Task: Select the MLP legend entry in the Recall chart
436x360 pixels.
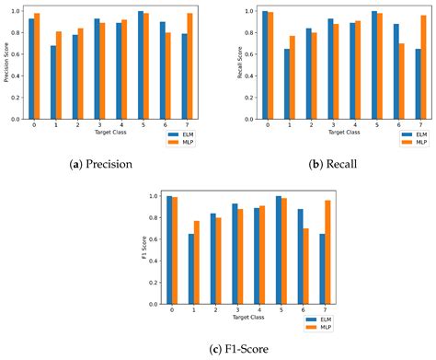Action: coord(411,143)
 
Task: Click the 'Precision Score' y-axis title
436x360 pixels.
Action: coord(7,64)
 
